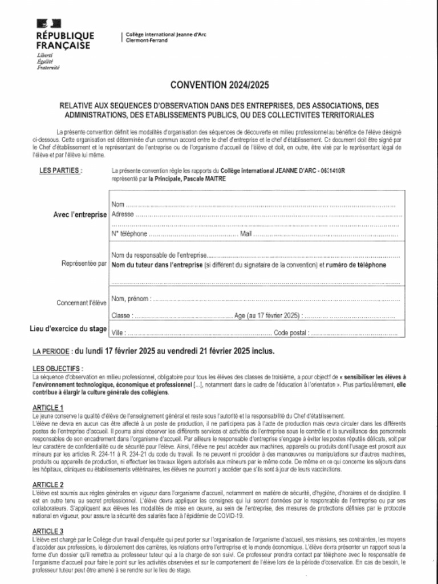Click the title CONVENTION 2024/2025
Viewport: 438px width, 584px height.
(220, 86)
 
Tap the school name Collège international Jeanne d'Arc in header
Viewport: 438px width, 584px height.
(166, 35)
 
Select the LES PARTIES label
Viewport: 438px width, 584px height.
(60, 170)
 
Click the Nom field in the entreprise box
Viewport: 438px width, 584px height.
(118, 204)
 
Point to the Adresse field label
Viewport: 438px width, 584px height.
(123, 214)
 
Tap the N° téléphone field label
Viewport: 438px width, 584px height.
(129, 234)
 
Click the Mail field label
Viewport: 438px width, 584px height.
(246, 234)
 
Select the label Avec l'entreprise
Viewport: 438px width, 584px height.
(80, 215)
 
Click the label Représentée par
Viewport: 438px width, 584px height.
(84, 264)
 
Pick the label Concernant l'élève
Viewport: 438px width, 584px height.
(81, 303)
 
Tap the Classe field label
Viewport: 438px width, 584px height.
(121, 315)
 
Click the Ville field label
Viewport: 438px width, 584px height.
(118, 333)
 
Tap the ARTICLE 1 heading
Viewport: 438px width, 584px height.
(48, 408)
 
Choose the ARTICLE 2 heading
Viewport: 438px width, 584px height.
(48, 484)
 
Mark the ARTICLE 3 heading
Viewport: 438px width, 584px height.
(48, 531)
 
